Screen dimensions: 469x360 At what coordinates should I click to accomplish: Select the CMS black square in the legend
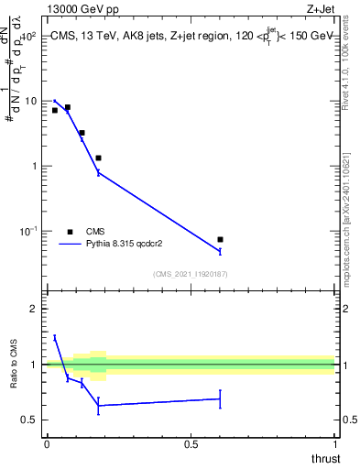pyautogui.click(x=70, y=232)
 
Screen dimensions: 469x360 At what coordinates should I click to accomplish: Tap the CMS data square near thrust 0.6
pyautogui.click(x=220, y=239)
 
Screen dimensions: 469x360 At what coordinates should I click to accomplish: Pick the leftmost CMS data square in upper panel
pyautogui.click(x=55, y=110)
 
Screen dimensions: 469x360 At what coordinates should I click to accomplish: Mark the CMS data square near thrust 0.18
pyautogui.click(x=98, y=158)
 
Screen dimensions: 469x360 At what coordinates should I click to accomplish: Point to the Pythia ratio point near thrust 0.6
pyautogui.click(x=220, y=398)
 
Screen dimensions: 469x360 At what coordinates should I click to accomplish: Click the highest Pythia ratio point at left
pyautogui.click(x=55, y=337)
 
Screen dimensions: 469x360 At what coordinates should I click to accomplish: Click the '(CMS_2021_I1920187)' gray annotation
pyautogui.click(x=191, y=273)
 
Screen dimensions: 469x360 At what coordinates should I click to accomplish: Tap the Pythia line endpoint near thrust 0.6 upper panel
pyautogui.click(x=220, y=251)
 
